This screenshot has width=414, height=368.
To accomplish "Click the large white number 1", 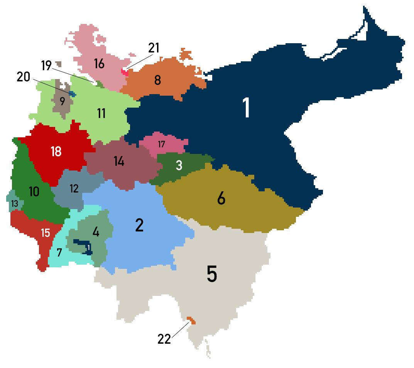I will click(x=246, y=108).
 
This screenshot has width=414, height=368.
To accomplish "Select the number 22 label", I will click(x=164, y=339).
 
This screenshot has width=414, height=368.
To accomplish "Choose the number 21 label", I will click(x=154, y=48).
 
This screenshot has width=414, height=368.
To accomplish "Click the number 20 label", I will click(x=23, y=77).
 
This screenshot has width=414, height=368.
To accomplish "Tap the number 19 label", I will click(x=46, y=65).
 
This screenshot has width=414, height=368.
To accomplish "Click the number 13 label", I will click(x=15, y=204).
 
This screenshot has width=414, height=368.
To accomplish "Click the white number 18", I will click(x=56, y=151).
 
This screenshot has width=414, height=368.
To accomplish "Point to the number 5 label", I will click(x=212, y=273).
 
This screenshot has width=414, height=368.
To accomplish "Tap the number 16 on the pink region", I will click(x=99, y=64).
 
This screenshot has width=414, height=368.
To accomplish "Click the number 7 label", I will click(x=59, y=253).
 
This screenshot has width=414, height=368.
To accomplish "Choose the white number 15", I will click(x=46, y=233).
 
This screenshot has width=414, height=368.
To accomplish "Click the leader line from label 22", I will click(x=180, y=330).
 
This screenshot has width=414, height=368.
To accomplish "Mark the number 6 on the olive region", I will click(x=221, y=198).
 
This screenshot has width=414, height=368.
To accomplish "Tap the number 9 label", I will click(x=62, y=102).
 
